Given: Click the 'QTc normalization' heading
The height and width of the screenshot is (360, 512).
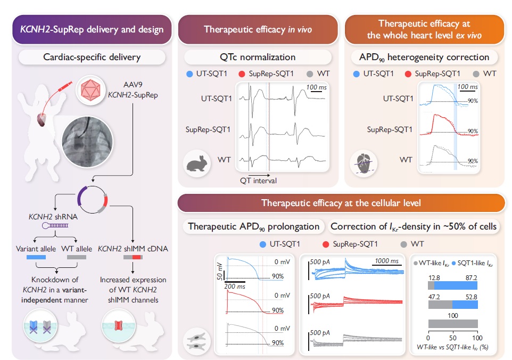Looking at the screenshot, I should click(x=258, y=57).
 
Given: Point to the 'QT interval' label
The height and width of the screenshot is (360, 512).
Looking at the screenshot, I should click(x=258, y=181).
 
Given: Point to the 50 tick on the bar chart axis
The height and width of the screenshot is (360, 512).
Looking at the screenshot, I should click(x=453, y=338).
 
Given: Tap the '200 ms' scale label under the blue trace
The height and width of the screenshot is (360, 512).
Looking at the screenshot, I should click(x=235, y=286).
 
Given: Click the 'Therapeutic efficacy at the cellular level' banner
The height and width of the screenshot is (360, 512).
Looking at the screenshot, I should click(x=341, y=203).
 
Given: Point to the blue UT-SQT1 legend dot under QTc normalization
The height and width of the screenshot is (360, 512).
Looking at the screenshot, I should click(x=190, y=73).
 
